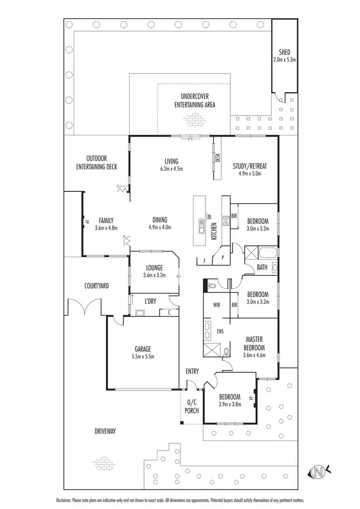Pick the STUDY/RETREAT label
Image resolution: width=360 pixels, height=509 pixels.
250,166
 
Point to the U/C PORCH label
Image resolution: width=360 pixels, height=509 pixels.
192,407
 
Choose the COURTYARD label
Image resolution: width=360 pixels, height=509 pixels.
96,286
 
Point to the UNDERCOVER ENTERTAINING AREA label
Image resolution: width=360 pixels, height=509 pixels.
194,100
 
